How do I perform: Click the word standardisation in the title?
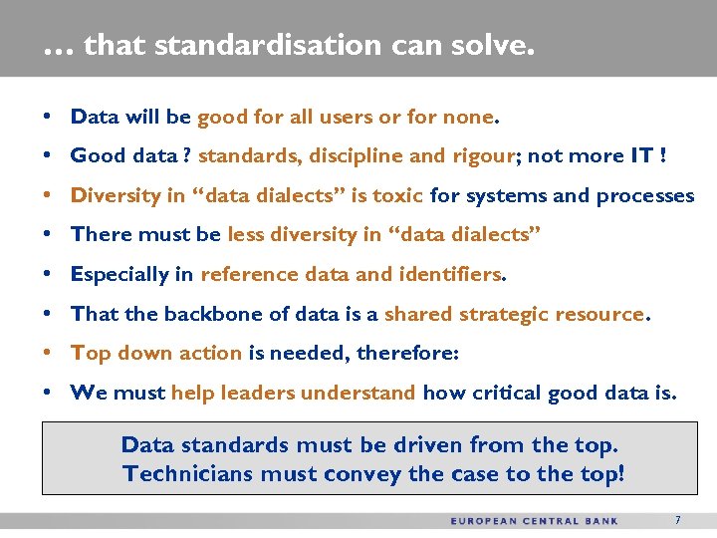(269, 46)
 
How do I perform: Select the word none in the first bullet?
(467, 117)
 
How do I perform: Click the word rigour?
(486, 156)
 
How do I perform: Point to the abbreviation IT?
(641, 156)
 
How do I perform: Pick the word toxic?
(397, 195)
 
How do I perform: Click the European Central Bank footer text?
(534, 521)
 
